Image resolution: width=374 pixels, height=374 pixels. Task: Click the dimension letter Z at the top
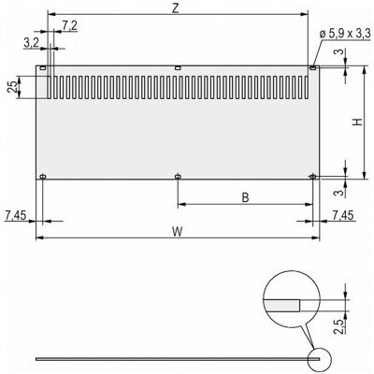click(176, 8)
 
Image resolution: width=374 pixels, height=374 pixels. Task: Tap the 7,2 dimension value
click(69, 26)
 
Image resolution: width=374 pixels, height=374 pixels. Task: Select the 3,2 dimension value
click(31, 43)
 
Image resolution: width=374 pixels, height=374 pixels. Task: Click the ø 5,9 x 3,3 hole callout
click(345, 33)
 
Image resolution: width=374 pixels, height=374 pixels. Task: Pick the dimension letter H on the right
click(358, 122)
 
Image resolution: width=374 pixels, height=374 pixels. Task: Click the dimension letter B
click(245, 197)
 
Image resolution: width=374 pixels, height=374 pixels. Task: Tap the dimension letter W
click(178, 232)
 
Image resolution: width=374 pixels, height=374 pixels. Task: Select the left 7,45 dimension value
click(16, 215)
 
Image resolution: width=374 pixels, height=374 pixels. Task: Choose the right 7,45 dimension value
click(343, 215)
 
